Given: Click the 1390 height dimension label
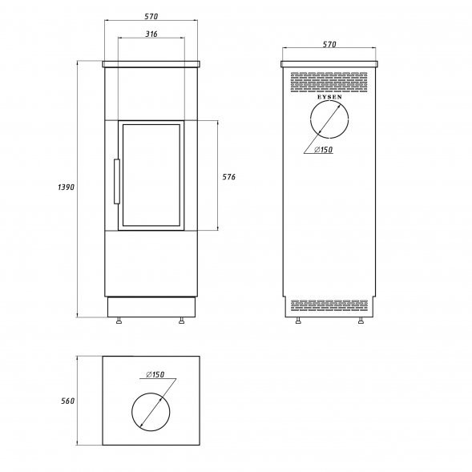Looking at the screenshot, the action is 66,188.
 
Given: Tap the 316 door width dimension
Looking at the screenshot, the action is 151,34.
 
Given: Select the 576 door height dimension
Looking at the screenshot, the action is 228,177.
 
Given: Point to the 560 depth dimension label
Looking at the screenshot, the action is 67,401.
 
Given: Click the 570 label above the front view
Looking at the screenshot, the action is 151,17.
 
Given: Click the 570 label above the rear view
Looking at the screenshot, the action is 329,45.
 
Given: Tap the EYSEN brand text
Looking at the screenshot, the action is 329,97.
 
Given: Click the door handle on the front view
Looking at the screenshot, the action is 117,182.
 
